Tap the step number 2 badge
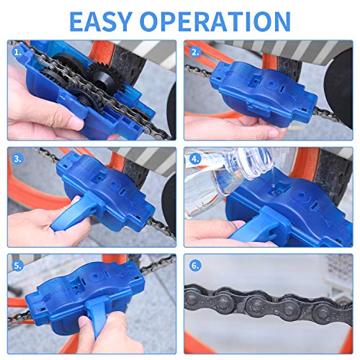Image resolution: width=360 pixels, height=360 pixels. coord(194,52)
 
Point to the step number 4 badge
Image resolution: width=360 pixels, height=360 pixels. coord(194,158)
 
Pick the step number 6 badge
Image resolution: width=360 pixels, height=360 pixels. coord(194,264)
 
